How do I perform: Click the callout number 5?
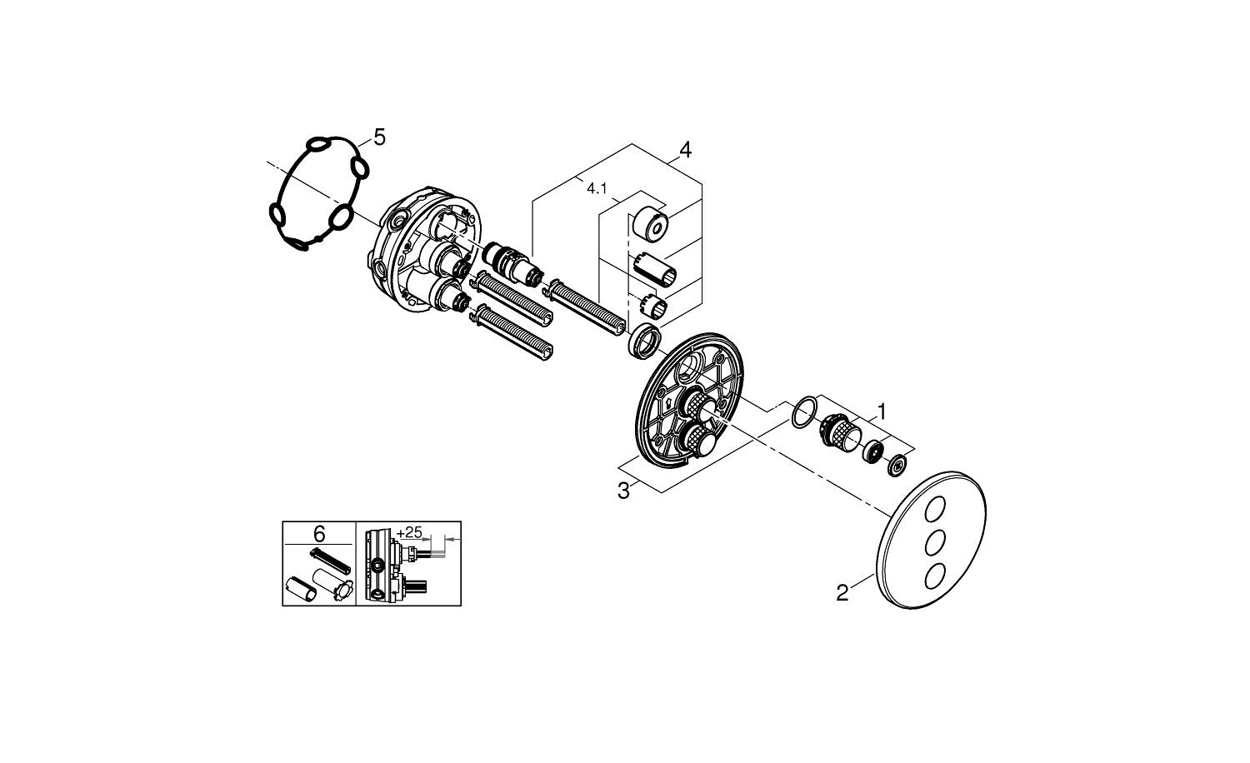coord(379,137)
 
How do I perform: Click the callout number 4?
coord(685,150)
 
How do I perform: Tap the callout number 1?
coord(881,411)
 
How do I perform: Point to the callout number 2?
coord(842,593)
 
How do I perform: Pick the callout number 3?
coord(623,491)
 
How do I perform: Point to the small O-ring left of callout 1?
coord(801,412)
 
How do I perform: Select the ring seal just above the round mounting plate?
coord(644,342)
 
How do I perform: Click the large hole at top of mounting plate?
coord(692,367)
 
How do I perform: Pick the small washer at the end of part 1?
coord(897,465)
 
